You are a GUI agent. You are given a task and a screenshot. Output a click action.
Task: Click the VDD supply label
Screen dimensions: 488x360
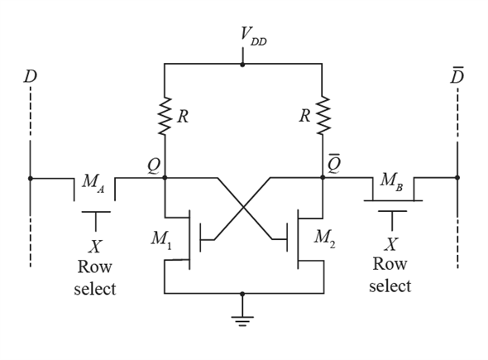click(x=253, y=36)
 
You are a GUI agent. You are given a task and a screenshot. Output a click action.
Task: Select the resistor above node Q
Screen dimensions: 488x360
click(x=165, y=116)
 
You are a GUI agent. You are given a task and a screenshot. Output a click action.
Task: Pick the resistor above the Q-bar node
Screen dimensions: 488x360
click(x=323, y=115)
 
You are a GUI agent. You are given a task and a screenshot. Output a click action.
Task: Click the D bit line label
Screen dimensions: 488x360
click(x=30, y=76)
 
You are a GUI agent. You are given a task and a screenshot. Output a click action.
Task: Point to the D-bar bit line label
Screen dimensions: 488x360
click(x=457, y=75)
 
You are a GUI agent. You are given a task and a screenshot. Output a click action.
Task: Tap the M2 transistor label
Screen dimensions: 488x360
click(x=324, y=239)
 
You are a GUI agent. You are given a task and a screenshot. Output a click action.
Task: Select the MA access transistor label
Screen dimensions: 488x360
click(x=93, y=184)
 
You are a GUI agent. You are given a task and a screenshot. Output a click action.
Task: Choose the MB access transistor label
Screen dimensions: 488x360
click(x=391, y=181)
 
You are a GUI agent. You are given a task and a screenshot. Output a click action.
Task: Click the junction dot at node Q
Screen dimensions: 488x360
click(x=165, y=178)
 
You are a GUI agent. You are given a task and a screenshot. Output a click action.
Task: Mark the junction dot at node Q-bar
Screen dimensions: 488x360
click(x=323, y=177)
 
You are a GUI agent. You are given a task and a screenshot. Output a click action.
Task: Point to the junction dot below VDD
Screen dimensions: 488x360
click(x=242, y=65)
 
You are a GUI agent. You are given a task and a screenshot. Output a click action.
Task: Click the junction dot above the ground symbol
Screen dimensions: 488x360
click(x=242, y=294)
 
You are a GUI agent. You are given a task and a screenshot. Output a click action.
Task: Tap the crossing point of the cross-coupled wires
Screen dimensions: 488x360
click(x=243, y=207)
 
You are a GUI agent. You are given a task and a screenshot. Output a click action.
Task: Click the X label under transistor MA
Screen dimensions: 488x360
click(x=95, y=247)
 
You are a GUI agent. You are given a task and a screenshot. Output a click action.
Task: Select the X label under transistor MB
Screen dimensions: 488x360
click(x=391, y=244)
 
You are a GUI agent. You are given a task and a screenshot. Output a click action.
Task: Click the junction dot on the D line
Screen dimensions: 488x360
click(x=30, y=179)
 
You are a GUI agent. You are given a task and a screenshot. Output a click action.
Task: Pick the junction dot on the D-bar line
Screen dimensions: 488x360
click(x=457, y=177)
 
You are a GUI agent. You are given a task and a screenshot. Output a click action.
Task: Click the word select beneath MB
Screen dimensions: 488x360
click(x=390, y=286)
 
